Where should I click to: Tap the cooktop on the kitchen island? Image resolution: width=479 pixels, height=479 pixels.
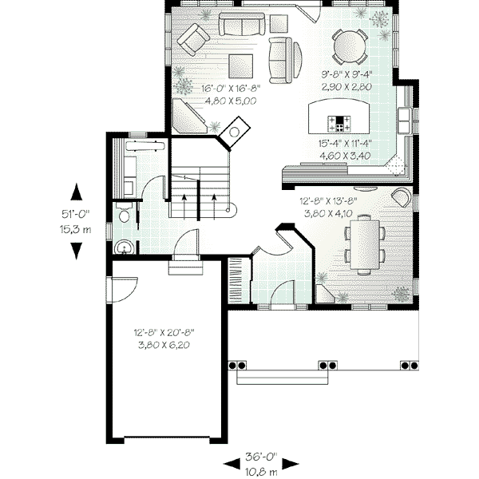pyautogui.click(x=341, y=123)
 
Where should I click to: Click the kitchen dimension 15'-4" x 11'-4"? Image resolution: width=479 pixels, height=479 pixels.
pyautogui.click(x=343, y=149)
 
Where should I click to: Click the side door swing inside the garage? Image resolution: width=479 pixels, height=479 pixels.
pyautogui.click(x=120, y=288)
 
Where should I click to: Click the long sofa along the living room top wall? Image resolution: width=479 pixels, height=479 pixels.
pyautogui.click(x=244, y=25)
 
